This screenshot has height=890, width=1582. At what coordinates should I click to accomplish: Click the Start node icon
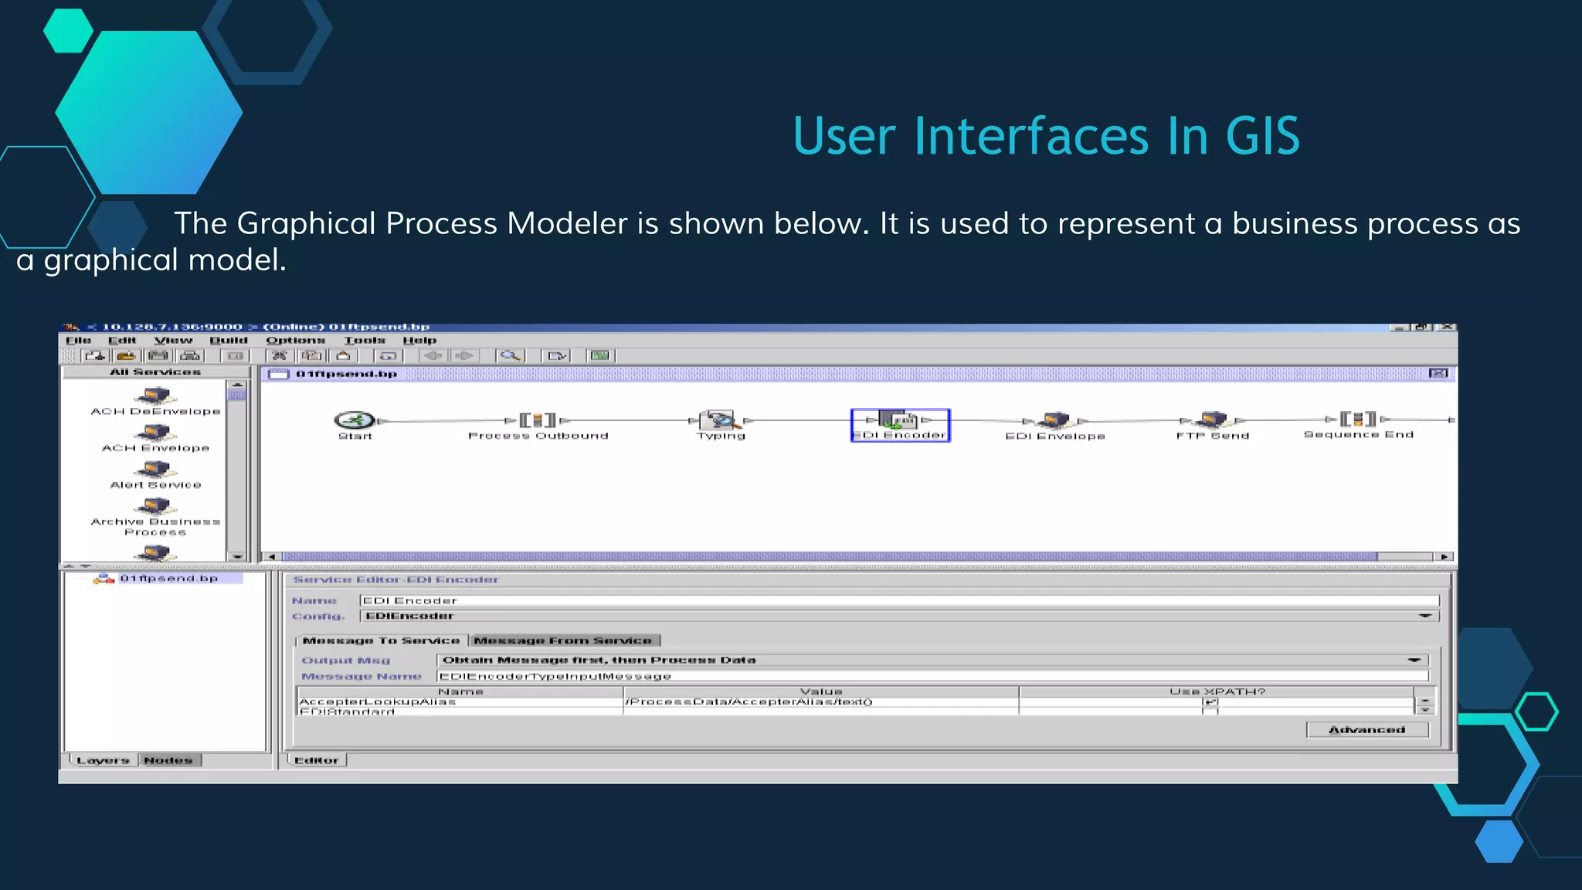pos(355,420)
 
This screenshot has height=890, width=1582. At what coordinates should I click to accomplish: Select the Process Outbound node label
pos(538,436)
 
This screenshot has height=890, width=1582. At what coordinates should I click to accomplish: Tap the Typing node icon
pos(720,420)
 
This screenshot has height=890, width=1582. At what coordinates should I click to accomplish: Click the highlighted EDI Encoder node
pos(900,425)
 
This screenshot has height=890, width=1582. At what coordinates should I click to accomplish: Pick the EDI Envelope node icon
pos(1054,420)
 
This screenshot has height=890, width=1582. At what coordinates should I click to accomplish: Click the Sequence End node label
pos(1358,435)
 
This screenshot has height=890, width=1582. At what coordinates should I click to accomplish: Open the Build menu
pos(229,340)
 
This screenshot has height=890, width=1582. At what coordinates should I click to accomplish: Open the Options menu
pos(295,340)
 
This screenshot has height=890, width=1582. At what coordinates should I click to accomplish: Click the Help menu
pos(419,340)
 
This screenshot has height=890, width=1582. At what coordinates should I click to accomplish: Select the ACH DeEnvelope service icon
pos(155,396)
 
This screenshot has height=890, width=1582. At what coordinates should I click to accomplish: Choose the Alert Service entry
pos(155,484)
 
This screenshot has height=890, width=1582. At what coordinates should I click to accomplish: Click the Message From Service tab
pos(563,640)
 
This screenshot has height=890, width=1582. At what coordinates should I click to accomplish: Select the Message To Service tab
pos(381,640)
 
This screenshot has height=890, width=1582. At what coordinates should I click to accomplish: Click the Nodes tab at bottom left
pos(168,760)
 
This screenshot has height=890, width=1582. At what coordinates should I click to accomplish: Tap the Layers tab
pos(103,760)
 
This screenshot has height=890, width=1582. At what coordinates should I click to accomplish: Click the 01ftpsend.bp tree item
pos(168,578)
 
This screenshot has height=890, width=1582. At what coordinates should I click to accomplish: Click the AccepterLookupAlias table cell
pos(377,701)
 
